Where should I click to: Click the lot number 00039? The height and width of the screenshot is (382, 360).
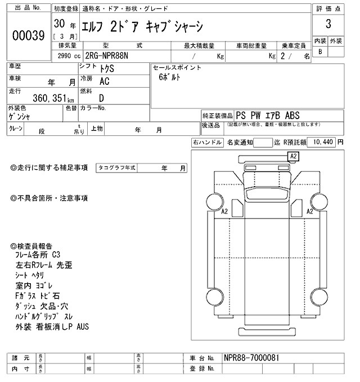28,35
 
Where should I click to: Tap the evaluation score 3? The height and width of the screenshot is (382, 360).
327,25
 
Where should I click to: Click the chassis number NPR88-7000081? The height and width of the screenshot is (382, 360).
251,358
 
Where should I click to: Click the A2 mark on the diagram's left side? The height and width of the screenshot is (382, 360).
224,211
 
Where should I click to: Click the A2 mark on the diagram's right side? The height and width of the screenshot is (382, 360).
309,211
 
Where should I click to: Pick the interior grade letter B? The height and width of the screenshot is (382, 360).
321,52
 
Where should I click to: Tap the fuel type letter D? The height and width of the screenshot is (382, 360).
102,97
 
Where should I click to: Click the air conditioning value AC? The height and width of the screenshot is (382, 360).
104,81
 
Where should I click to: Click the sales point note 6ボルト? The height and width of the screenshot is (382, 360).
170,78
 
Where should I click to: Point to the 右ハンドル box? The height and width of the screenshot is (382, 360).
208,142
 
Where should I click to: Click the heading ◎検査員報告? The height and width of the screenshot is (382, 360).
32,245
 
